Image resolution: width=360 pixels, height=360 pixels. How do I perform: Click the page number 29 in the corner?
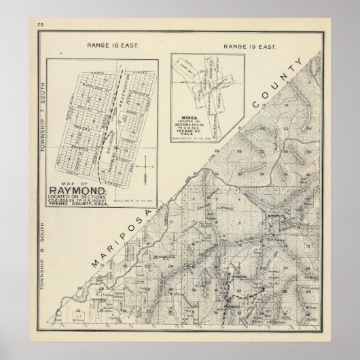22,26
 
